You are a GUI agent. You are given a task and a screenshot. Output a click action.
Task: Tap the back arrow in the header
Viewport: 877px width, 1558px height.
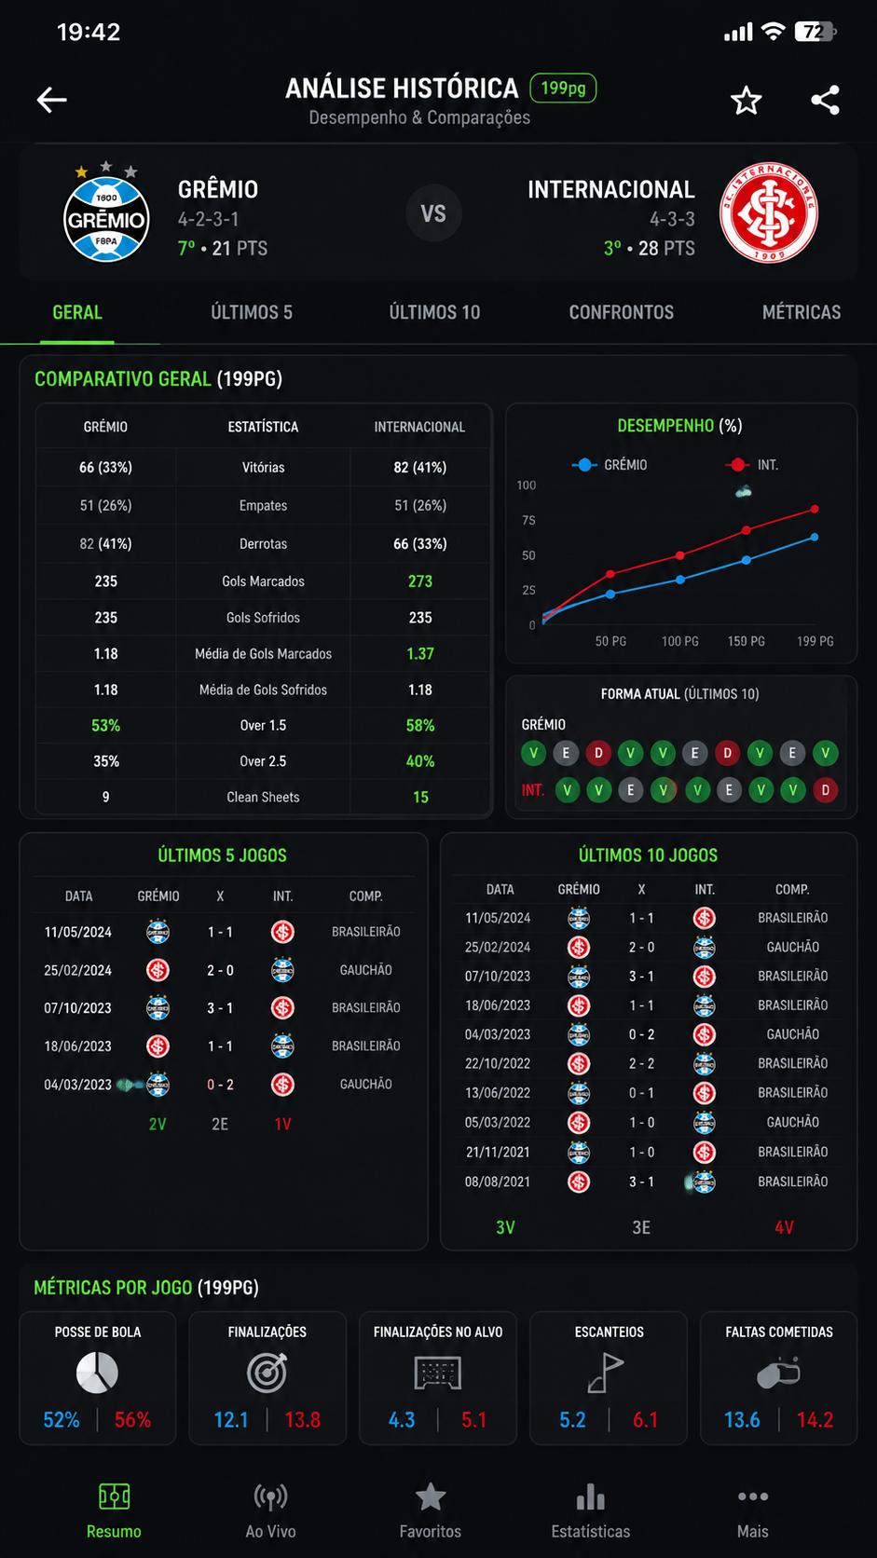click(51, 100)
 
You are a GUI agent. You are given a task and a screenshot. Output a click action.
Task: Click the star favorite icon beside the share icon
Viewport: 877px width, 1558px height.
click(747, 101)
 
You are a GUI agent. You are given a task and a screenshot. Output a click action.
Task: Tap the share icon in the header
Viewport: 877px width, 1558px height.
click(826, 100)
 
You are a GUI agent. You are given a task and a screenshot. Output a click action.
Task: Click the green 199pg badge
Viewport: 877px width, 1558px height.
click(563, 89)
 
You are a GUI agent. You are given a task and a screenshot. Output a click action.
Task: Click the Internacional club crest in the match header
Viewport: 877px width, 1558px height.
click(769, 212)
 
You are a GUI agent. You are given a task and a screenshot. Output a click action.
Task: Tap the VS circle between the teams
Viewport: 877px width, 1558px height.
click(433, 213)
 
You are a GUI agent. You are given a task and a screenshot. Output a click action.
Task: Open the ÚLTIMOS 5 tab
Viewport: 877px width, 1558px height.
click(252, 312)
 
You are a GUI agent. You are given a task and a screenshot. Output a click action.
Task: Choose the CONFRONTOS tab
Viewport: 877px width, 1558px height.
click(621, 312)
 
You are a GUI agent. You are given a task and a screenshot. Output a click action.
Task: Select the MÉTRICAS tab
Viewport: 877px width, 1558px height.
click(802, 312)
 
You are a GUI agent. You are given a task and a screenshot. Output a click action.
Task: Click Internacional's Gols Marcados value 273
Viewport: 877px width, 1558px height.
click(420, 581)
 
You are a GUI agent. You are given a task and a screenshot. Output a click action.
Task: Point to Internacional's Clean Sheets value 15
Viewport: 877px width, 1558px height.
click(420, 797)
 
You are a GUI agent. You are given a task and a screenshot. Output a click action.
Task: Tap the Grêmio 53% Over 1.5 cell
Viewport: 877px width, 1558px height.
click(105, 726)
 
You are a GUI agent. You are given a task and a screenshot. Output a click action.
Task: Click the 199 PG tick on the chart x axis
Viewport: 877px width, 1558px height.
click(815, 641)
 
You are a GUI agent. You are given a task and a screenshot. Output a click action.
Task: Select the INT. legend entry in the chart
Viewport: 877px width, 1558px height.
click(752, 465)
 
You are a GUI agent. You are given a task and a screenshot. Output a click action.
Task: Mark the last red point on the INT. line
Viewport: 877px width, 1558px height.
click(815, 509)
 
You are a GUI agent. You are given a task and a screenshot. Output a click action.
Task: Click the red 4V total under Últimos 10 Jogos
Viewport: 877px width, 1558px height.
click(784, 1227)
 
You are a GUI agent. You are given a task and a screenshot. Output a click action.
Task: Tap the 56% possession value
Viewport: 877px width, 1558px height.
click(133, 1419)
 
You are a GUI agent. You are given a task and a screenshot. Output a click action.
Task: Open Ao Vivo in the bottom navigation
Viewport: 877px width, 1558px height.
click(270, 1510)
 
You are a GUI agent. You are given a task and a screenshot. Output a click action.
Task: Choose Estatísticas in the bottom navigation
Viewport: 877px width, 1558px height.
click(591, 1510)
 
